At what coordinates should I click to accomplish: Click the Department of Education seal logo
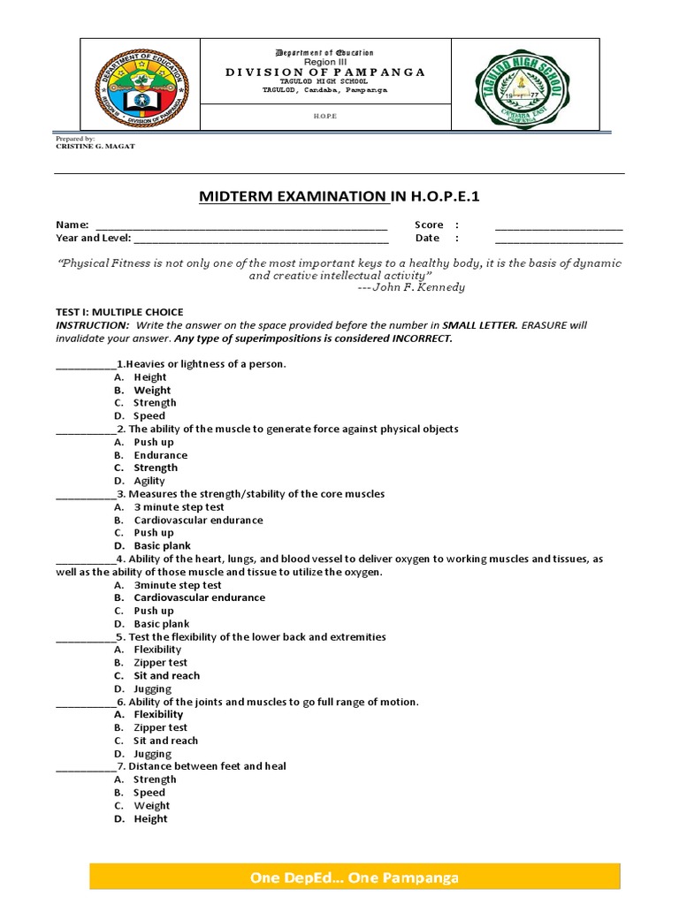click(x=141, y=85)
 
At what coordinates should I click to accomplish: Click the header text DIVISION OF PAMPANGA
click(x=325, y=72)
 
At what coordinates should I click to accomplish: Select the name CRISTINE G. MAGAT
click(x=95, y=147)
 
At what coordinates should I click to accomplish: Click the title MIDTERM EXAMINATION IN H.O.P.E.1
click(x=339, y=195)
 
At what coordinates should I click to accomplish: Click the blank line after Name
click(x=241, y=225)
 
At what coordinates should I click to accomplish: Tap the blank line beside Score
click(x=558, y=225)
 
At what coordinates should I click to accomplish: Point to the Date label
click(x=427, y=238)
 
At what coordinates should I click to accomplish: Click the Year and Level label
click(x=93, y=238)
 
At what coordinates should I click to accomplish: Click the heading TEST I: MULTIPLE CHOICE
click(x=119, y=312)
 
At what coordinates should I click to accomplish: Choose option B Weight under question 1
click(x=152, y=390)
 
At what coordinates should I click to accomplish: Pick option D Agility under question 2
click(x=149, y=481)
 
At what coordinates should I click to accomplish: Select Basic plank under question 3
click(x=162, y=546)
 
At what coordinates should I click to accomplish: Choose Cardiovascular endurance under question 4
click(x=199, y=597)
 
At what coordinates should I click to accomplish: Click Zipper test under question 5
click(x=160, y=663)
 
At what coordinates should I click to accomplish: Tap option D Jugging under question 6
click(x=152, y=754)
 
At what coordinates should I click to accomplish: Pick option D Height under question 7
click(x=150, y=818)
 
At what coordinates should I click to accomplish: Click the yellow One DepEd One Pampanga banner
click(x=355, y=878)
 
